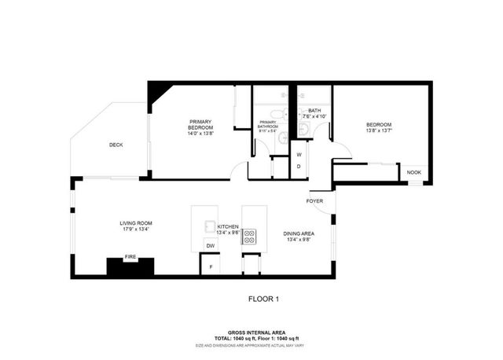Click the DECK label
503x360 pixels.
116,144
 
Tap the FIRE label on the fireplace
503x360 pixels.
130,257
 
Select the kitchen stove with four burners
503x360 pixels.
248,233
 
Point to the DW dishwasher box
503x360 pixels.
210,246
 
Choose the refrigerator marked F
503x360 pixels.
210,267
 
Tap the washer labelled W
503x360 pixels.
299,154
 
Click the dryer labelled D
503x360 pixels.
299,167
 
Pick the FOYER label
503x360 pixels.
314,201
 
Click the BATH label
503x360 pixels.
314,111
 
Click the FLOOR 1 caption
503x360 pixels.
263,299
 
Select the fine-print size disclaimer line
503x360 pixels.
251,345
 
